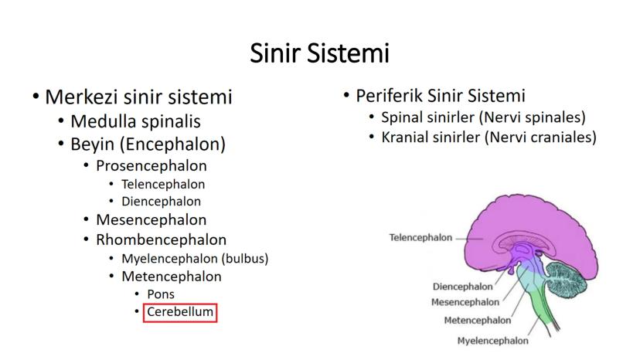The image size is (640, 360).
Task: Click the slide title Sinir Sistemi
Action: [x=319, y=53]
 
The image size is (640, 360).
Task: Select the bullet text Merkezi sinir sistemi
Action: [x=138, y=97]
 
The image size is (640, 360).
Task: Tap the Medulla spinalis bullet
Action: [x=135, y=121]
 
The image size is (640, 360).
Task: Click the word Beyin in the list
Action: [x=92, y=144]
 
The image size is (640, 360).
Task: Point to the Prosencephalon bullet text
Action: [x=151, y=166]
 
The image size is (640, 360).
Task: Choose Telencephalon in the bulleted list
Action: [x=163, y=184]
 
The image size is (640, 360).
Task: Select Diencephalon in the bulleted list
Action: [x=162, y=201]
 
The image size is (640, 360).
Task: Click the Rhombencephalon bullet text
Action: [x=162, y=239]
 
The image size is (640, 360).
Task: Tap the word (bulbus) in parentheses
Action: [x=245, y=258]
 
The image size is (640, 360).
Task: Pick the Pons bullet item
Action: [x=161, y=294]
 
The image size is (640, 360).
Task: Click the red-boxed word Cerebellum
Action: [x=180, y=312]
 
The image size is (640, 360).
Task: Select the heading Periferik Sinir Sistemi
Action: [x=441, y=96]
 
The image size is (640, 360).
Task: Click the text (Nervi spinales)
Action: [x=533, y=117]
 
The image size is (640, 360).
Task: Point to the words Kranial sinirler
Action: [x=431, y=138]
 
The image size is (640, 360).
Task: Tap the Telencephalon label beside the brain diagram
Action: [x=420, y=237]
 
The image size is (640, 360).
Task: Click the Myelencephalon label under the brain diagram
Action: [x=492, y=341]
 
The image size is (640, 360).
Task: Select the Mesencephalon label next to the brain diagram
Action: [x=465, y=302]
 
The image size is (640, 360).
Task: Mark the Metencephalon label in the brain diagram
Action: [x=478, y=321]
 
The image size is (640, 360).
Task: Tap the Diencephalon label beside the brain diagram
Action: [x=462, y=287]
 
